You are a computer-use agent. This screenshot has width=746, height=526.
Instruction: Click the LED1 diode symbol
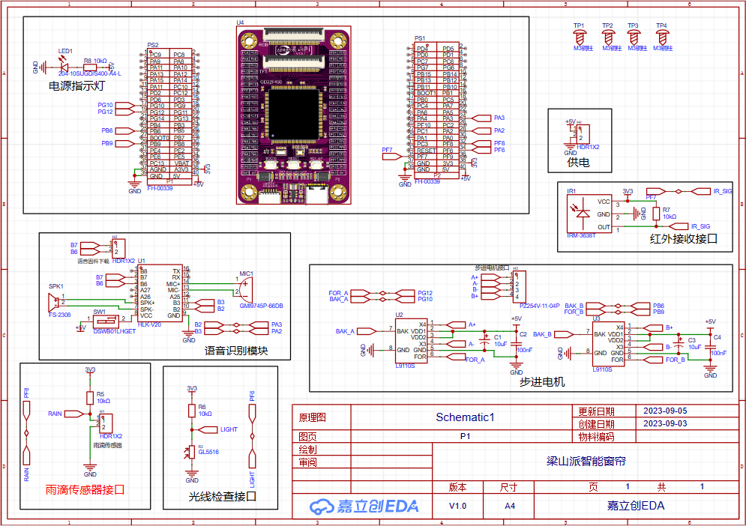pos(62,66)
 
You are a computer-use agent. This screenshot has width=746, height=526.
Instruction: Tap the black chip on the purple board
pos(293,112)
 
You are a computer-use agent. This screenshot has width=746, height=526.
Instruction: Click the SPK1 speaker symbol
pos(55,302)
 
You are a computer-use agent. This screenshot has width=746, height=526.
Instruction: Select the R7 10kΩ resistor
pos(657,214)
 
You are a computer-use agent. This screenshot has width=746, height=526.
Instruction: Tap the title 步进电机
pos(541,381)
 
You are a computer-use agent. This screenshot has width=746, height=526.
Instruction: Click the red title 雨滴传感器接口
pos(85,490)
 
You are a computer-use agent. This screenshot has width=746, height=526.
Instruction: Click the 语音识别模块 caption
pos(236,351)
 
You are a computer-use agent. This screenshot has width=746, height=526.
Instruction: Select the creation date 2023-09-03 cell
pos(660,423)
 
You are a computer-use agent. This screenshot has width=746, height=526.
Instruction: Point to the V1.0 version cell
pos(457,506)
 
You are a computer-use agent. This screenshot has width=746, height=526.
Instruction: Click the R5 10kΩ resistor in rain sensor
pos(90,397)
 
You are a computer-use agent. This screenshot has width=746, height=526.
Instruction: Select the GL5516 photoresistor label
pos(208,452)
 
